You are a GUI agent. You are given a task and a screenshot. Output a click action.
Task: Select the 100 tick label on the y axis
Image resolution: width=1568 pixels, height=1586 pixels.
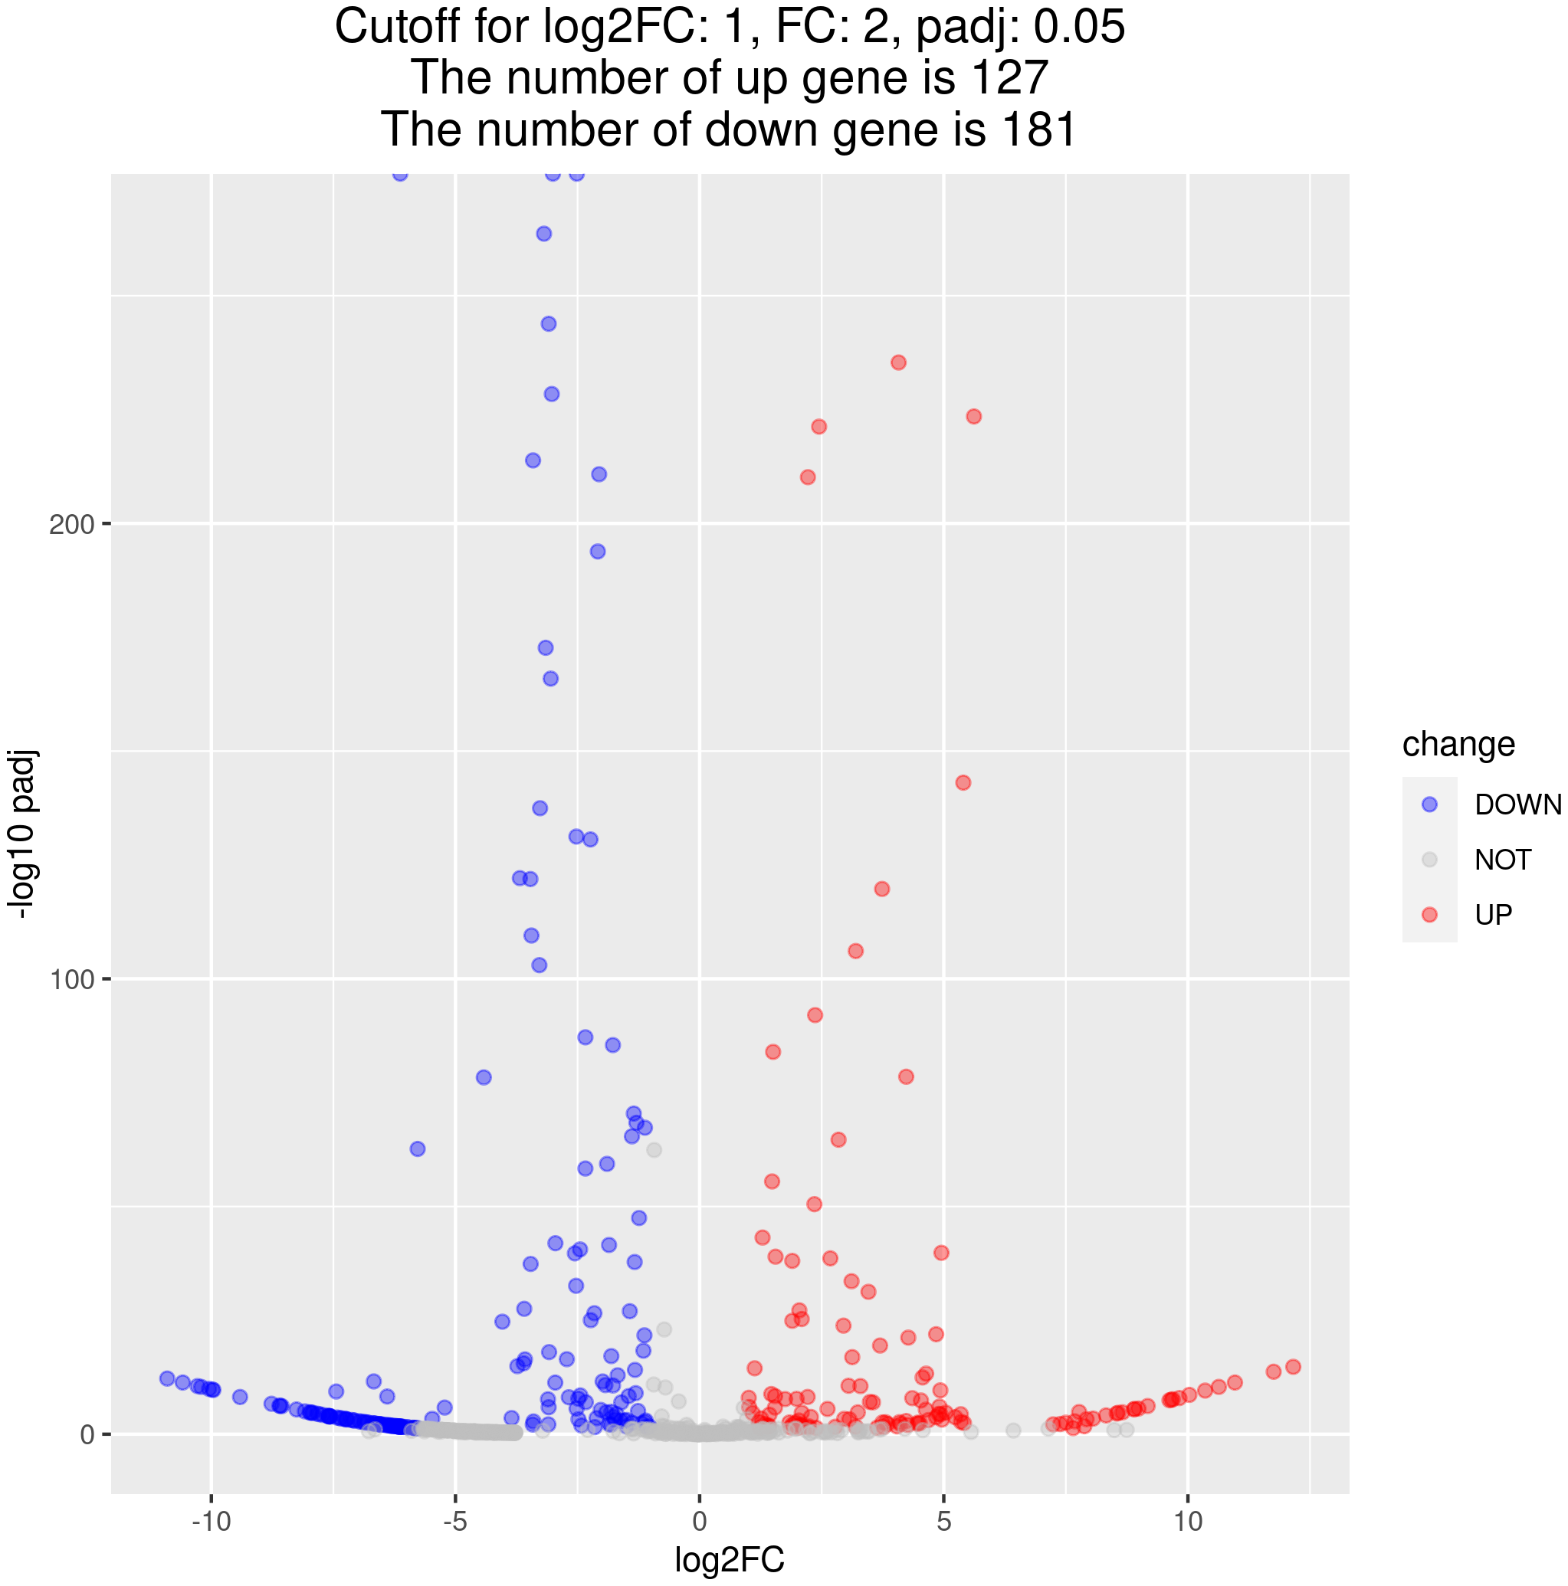pyautogui.click(x=73, y=979)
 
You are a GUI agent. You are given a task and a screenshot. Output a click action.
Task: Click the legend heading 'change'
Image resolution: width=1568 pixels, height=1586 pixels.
pyautogui.click(x=1458, y=745)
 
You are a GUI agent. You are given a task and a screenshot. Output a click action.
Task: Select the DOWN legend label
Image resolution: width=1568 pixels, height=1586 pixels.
pyautogui.click(x=1518, y=805)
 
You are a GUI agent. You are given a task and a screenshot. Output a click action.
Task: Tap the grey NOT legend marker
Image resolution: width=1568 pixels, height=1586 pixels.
pyautogui.click(x=1429, y=860)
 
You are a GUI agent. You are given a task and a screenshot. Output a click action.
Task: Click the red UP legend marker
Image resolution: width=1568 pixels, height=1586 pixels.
pyautogui.click(x=1429, y=915)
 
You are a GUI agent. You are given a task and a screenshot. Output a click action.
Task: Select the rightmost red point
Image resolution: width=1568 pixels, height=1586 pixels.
pyautogui.click(x=1293, y=1367)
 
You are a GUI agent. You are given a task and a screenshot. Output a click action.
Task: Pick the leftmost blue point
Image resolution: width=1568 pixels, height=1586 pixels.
pyautogui.click(x=166, y=1378)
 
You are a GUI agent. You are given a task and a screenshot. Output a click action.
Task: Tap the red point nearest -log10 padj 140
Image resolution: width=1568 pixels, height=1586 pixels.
pyautogui.click(x=963, y=783)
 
